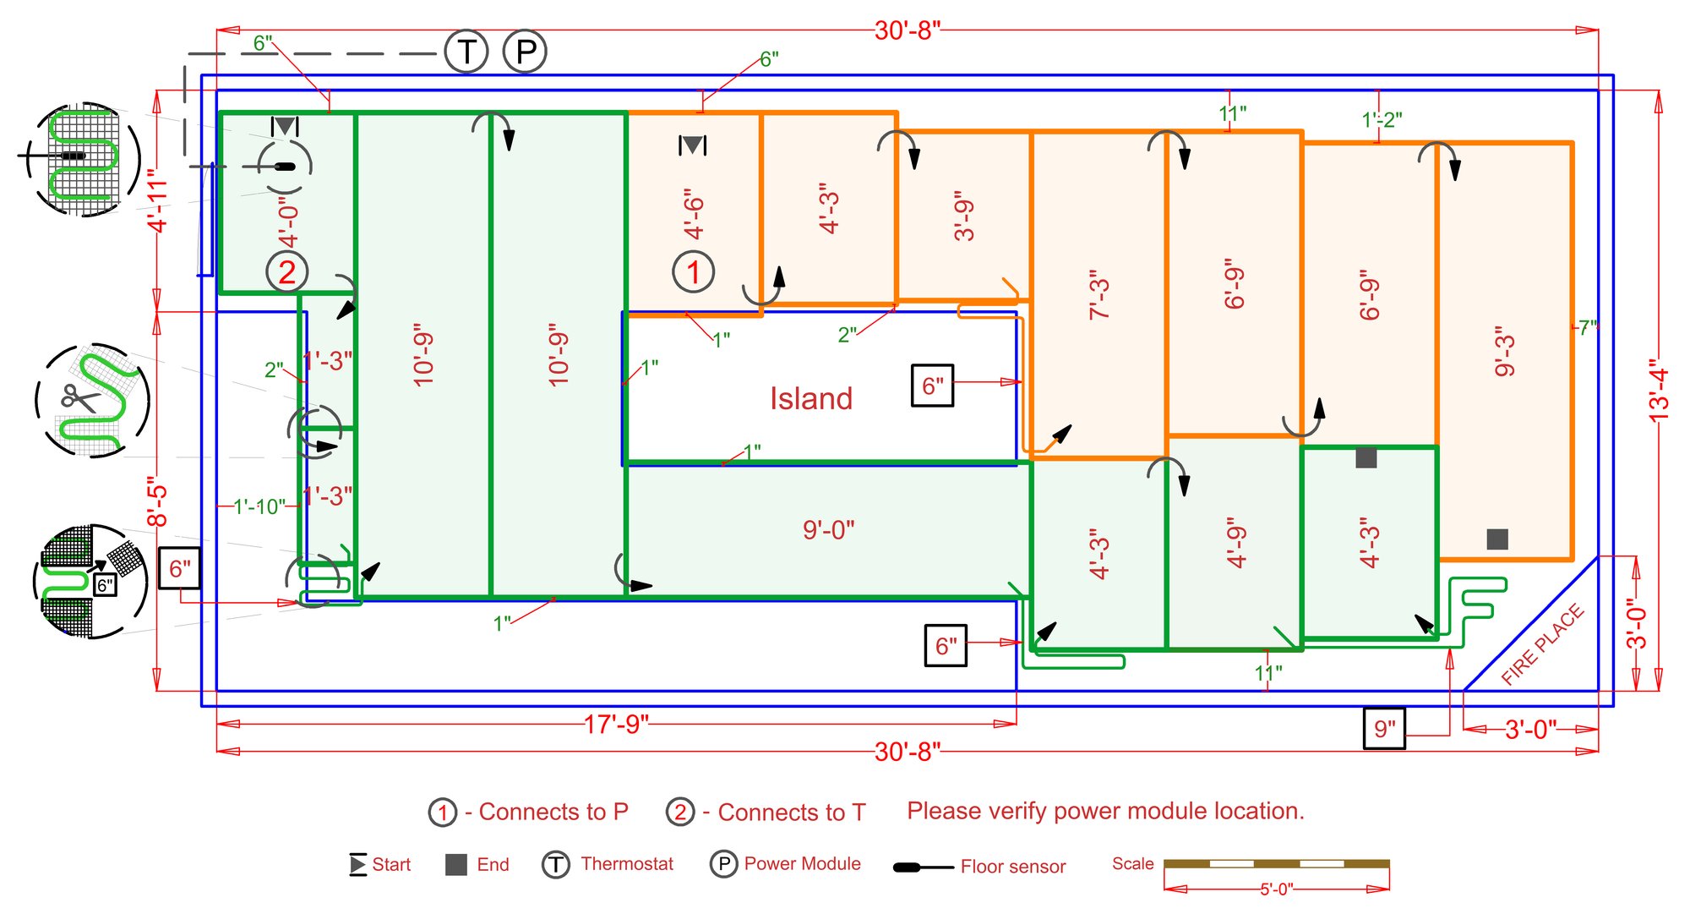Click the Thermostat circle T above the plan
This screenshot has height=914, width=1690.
pyautogui.click(x=466, y=52)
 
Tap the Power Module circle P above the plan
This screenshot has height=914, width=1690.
pyautogui.click(x=526, y=52)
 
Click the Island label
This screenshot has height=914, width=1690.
pyautogui.click(x=810, y=398)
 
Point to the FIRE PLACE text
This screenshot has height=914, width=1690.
pyautogui.click(x=1542, y=644)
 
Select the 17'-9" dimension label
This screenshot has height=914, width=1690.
pyautogui.click(x=616, y=724)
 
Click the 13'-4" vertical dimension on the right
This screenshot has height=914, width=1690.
pyautogui.click(x=1659, y=390)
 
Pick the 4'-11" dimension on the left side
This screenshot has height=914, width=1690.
pyautogui.click(x=157, y=200)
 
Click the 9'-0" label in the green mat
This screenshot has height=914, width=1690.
pyautogui.click(x=828, y=530)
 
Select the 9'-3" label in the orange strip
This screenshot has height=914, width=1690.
pyautogui.click(x=1505, y=351)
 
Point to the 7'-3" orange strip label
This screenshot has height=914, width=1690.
pyautogui.click(x=1098, y=295)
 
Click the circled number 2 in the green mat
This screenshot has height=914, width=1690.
pyautogui.click(x=287, y=272)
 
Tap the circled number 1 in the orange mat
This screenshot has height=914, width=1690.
pyautogui.click(x=693, y=272)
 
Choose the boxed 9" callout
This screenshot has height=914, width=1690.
pyautogui.click(x=1384, y=729)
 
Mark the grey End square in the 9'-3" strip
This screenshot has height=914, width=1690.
pyautogui.click(x=1497, y=539)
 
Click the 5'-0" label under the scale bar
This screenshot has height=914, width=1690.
pyautogui.click(x=1276, y=889)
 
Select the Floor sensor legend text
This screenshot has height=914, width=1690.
pyautogui.click(x=1012, y=867)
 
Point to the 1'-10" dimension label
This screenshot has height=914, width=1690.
pyautogui.click(x=259, y=506)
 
